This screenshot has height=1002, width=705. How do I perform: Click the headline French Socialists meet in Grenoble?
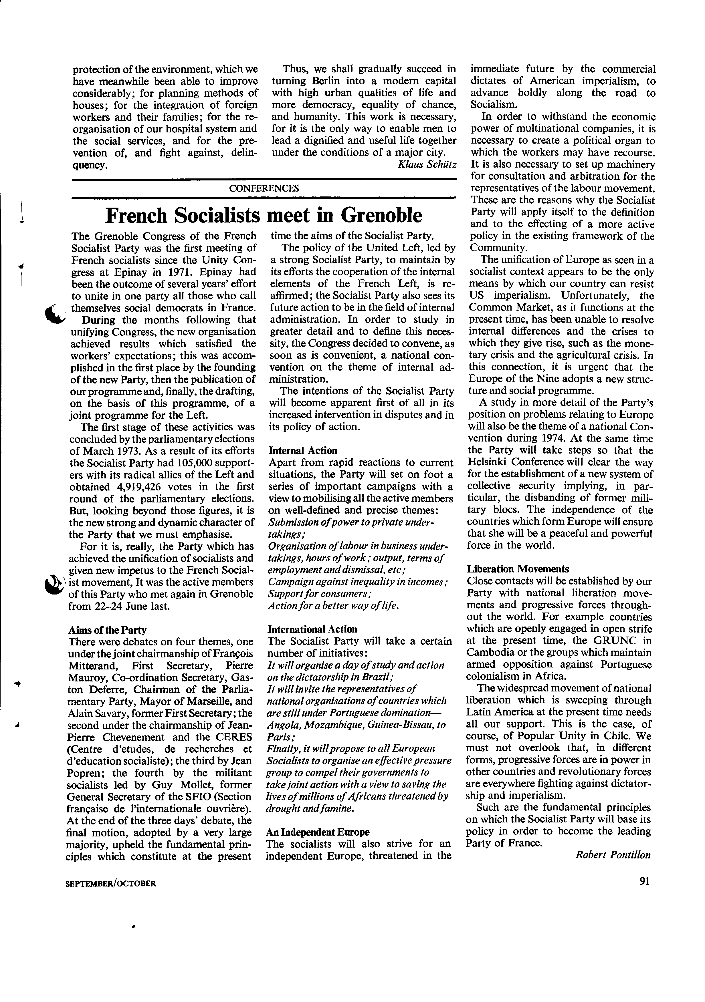click(264, 215)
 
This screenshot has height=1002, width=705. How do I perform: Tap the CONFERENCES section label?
click(264, 188)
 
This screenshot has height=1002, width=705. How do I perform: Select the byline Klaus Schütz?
click(427, 164)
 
